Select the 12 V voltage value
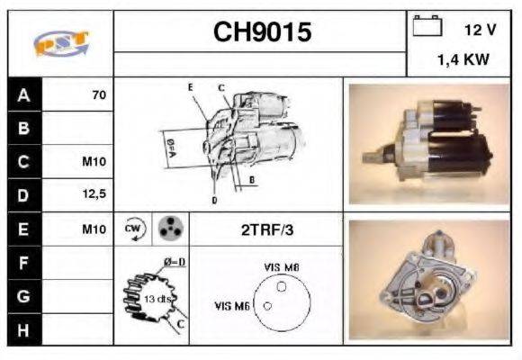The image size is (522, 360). point(480,30)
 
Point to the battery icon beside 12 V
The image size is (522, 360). point(426,28)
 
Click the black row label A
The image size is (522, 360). point(22,94)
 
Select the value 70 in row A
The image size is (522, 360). point(99,94)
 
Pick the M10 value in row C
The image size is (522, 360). point(94,163)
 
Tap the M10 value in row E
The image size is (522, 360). point(94,229)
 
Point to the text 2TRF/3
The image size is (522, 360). point(266,229)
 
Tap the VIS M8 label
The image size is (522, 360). point(282,267)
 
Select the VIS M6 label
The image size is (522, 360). point(230,306)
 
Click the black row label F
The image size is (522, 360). point(22,263)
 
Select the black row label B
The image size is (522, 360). point(22,128)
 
